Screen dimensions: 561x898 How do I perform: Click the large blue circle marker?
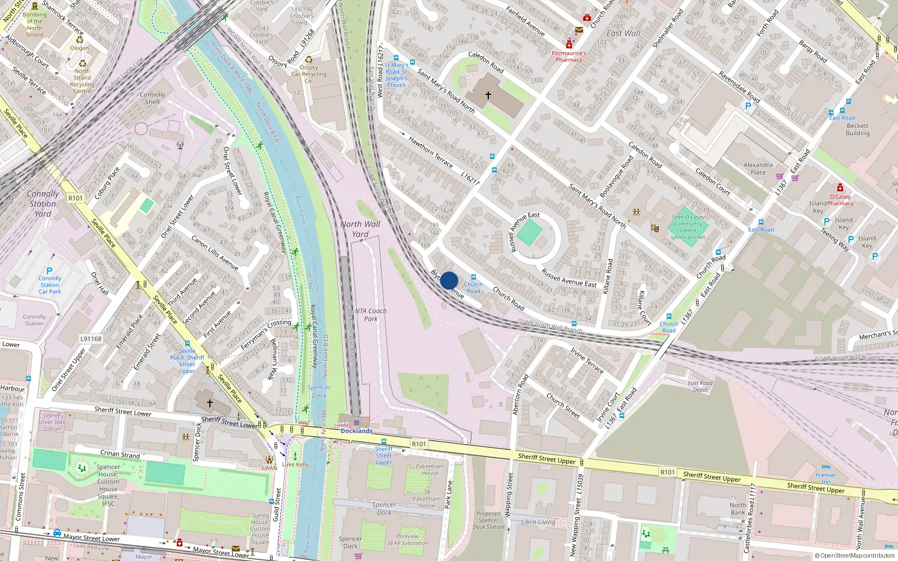(x=449, y=280)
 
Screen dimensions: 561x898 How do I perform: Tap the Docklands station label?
(x=356, y=431)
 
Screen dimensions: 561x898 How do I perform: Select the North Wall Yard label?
(x=360, y=229)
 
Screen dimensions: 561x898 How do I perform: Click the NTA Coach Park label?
(x=370, y=315)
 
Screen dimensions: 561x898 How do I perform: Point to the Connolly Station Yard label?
(x=43, y=204)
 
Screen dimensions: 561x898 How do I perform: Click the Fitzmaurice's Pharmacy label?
(x=569, y=57)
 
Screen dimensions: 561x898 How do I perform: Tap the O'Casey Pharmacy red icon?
(x=840, y=188)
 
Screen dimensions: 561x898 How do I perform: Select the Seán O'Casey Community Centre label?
(x=688, y=227)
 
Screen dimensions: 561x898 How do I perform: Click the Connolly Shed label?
(x=153, y=98)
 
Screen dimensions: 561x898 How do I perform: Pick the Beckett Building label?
(x=858, y=130)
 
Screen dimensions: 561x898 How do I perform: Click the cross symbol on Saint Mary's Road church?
(x=488, y=95)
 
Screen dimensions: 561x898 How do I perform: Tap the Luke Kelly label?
(x=295, y=465)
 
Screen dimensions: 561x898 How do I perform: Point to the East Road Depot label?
(x=700, y=387)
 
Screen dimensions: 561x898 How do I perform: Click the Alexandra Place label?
(x=758, y=168)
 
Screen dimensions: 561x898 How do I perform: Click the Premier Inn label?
(x=826, y=479)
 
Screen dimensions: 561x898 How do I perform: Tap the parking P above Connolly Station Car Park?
(x=49, y=271)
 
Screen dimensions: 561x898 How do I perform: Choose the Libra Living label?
(x=538, y=522)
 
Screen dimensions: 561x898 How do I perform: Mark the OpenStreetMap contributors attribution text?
(x=855, y=556)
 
